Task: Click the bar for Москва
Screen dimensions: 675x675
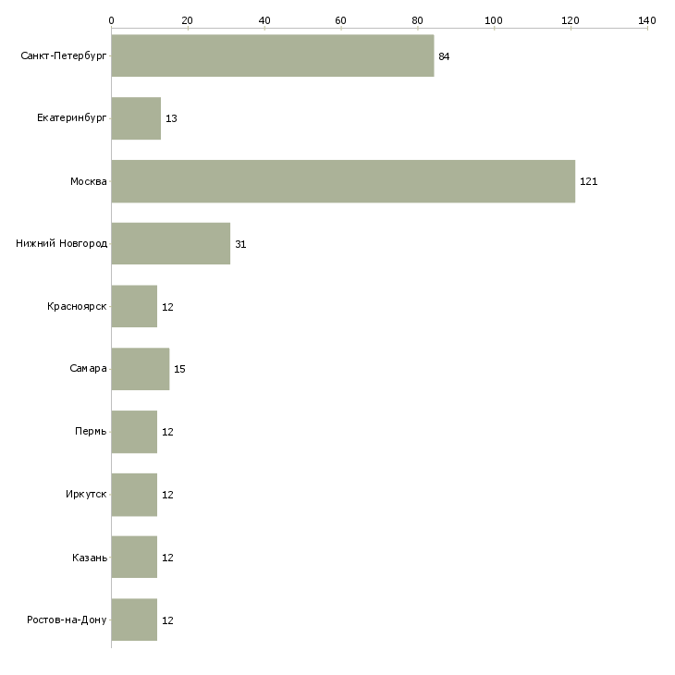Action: (343, 181)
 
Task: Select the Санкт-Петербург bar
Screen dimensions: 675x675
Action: (273, 56)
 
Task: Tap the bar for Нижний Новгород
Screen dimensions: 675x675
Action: (171, 244)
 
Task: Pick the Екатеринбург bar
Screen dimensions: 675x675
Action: (136, 118)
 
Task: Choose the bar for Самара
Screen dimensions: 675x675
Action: (141, 369)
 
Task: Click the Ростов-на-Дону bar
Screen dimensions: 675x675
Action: (134, 620)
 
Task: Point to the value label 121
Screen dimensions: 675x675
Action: (588, 181)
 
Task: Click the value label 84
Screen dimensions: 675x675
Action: (444, 56)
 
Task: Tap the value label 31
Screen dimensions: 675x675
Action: (240, 244)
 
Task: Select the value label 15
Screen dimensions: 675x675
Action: (179, 369)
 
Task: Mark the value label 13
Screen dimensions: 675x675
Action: (171, 118)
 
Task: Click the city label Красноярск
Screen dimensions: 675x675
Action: (77, 306)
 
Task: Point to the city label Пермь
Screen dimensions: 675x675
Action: (91, 431)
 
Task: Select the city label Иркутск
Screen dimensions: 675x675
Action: (86, 494)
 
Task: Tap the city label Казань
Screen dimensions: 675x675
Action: (90, 558)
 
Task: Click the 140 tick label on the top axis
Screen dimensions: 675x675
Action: (647, 20)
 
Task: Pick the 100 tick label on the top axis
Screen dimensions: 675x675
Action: (494, 20)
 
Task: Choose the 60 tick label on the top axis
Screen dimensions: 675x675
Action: (340, 20)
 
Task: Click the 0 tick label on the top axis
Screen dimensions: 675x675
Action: (112, 20)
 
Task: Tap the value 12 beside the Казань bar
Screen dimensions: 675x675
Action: (167, 558)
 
